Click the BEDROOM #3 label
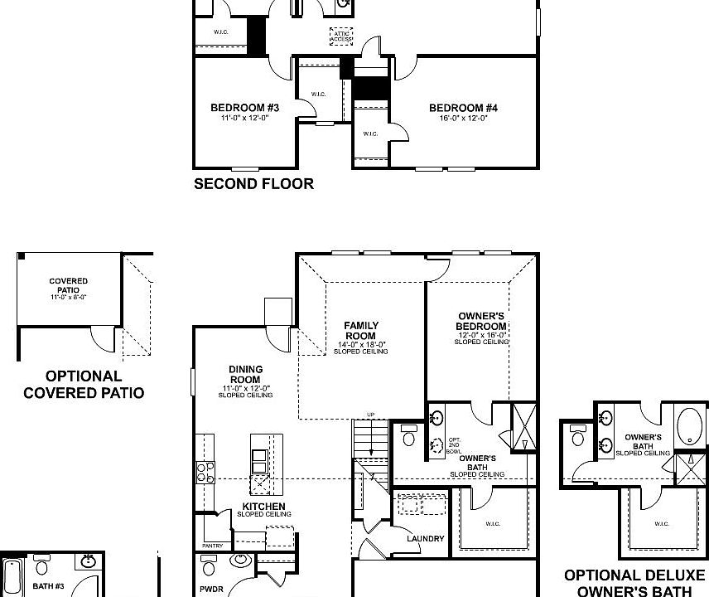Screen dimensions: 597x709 [x=244, y=108]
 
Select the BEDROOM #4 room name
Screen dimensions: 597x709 [x=463, y=108]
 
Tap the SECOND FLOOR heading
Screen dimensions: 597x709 [x=253, y=184]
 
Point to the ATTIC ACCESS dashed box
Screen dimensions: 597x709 [x=340, y=36]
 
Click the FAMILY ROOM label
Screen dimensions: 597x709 [x=361, y=331]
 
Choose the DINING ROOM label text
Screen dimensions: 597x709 [x=245, y=375]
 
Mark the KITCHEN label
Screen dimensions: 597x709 [x=263, y=507]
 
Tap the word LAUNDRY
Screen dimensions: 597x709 [x=425, y=539]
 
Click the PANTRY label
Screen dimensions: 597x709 [x=212, y=546]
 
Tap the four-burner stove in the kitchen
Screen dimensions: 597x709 [x=205, y=473]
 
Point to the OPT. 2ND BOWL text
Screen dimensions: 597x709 [x=453, y=444]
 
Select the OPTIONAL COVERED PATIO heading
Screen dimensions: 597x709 [x=83, y=385]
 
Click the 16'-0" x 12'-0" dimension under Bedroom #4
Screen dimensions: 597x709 [x=463, y=119]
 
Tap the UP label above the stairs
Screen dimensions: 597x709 [x=370, y=414]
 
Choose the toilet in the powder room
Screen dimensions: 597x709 [x=209, y=565]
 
